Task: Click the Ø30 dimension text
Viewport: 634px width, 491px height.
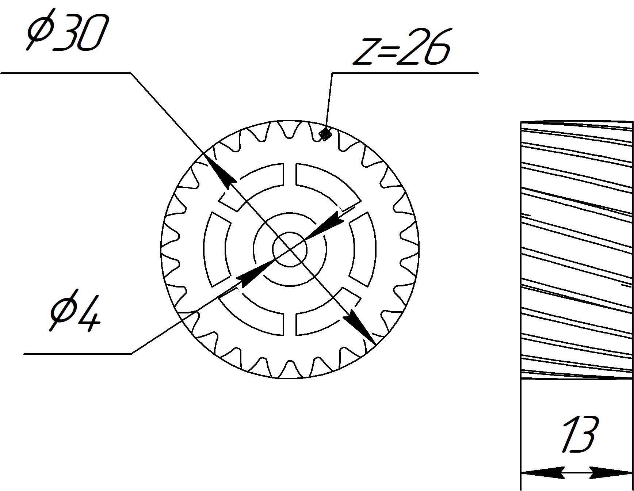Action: (68, 33)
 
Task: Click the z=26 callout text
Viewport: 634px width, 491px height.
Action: (401, 47)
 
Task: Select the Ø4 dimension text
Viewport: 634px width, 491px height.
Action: (75, 311)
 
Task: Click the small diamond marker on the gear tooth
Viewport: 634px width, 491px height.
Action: (325, 135)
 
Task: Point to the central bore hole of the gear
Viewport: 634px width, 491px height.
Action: (290, 250)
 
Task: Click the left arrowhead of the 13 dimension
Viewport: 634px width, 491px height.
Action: (541, 472)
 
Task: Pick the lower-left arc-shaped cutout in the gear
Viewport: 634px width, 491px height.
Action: (252, 316)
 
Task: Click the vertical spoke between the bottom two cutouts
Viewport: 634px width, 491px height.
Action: (290, 324)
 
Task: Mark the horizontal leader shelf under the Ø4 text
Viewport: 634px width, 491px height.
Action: (77, 354)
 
